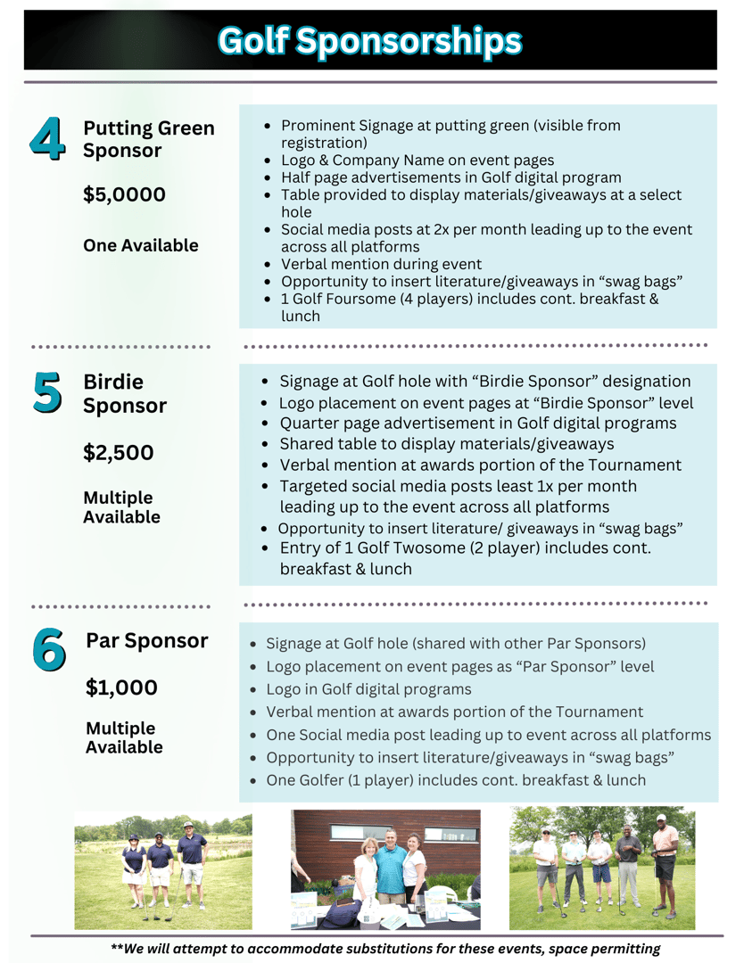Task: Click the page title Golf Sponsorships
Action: (x=370, y=40)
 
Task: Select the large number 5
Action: (x=47, y=392)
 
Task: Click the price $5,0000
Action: (x=124, y=194)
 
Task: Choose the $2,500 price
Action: (x=118, y=452)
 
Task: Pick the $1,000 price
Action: (x=121, y=687)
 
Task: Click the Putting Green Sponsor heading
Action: (x=148, y=139)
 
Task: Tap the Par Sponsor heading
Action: (x=146, y=640)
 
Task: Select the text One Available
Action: (x=140, y=245)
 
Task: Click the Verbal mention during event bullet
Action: (x=381, y=264)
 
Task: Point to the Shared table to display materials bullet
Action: (x=446, y=443)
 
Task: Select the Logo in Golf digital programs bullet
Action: (x=368, y=689)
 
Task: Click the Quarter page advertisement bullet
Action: (x=477, y=423)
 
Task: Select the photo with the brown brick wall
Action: (x=385, y=869)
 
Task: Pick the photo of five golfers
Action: (x=602, y=868)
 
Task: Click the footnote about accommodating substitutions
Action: (x=385, y=949)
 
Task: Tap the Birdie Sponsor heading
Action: (x=124, y=394)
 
